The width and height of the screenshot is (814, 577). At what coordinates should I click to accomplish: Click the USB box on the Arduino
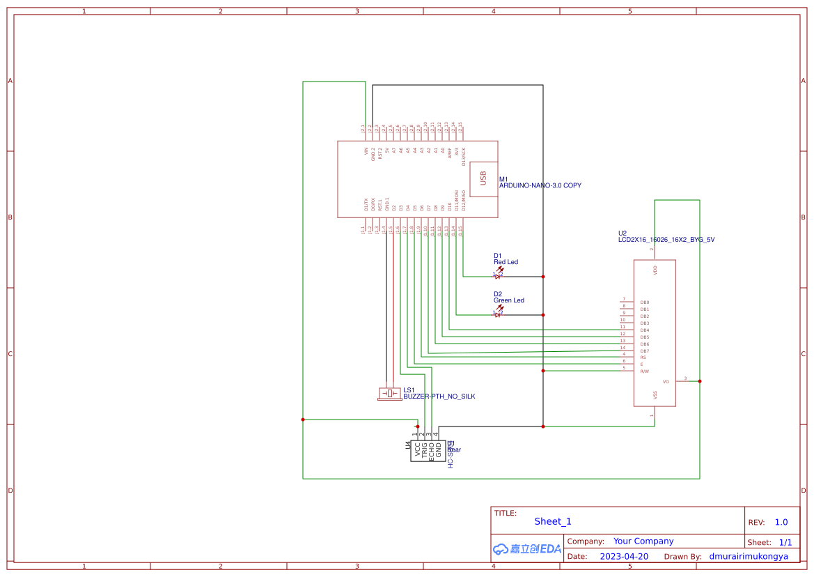point(483,178)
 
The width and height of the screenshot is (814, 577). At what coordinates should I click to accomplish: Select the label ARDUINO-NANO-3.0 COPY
point(540,186)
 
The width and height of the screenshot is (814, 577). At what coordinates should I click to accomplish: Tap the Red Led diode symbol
point(498,275)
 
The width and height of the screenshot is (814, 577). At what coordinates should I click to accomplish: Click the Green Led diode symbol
point(498,314)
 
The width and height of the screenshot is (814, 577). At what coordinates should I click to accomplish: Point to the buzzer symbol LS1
point(389,394)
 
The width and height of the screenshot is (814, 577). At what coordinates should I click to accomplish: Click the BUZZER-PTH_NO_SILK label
point(439,397)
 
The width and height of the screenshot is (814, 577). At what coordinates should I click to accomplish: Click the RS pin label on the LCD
point(643,357)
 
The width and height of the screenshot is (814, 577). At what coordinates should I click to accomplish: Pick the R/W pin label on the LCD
point(644,371)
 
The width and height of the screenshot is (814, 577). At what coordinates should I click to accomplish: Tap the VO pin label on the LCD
point(666,382)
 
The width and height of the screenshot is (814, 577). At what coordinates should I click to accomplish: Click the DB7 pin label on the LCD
point(644,351)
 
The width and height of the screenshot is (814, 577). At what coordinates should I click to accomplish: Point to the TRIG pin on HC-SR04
point(424,449)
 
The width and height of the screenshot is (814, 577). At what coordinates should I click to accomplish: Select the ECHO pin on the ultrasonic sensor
point(432,450)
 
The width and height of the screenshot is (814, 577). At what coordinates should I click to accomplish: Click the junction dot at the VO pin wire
point(699,381)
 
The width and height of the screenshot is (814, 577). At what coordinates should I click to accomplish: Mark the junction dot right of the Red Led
point(543,277)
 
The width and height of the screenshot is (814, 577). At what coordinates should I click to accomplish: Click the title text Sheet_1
point(553,521)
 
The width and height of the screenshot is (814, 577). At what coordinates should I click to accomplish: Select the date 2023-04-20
point(624,556)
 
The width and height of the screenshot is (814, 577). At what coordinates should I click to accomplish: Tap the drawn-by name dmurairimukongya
point(749,556)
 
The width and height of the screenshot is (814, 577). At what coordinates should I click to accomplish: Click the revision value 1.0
point(781,522)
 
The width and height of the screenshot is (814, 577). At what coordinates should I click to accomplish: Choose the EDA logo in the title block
point(526,549)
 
